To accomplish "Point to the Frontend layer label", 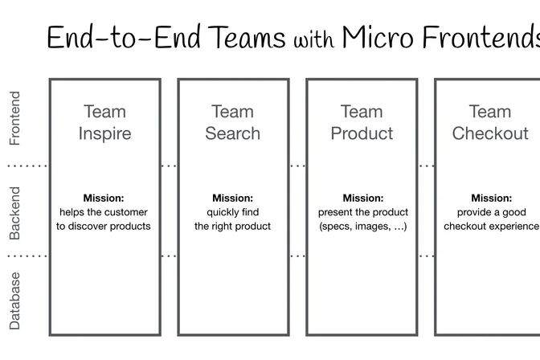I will [15, 119].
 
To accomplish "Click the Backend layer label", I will [15, 213].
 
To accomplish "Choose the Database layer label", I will [15, 301].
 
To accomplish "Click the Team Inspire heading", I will [104, 122].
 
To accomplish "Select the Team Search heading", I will [232, 122].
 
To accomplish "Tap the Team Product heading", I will [362, 122].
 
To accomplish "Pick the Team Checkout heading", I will [490, 122].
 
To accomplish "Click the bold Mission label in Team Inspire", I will [104, 198].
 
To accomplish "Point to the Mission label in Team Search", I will [232, 198].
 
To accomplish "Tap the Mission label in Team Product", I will [362, 198].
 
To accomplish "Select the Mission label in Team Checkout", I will [491, 198].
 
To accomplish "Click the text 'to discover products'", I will [104, 227].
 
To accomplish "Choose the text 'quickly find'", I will [232, 212].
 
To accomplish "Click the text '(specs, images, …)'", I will [362, 227].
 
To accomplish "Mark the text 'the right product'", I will [232, 227].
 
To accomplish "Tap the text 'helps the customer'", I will [104, 212].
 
